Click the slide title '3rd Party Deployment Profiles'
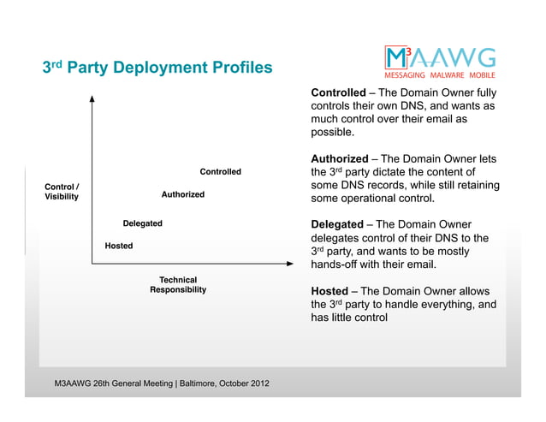pyautogui.click(x=157, y=67)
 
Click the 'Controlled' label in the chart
pyautogui.click(x=220, y=172)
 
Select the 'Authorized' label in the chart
pyautogui.click(x=182, y=194)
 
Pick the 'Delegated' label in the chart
pyautogui.click(x=142, y=223)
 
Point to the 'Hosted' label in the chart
pyautogui.click(x=118, y=246)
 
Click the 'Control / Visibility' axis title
pyautogui.click(x=62, y=192)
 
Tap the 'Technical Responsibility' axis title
pyautogui.click(x=178, y=285)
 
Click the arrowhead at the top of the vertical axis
pyautogui.click(x=92, y=99)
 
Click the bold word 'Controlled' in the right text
pyautogui.click(x=337, y=92)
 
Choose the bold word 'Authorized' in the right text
pyautogui.click(x=340, y=158)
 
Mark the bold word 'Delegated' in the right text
pyautogui.click(x=336, y=224)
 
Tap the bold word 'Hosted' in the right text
pyautogui.click(x=328, y=290)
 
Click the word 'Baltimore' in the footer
pyautogui.click(x=197, y=382)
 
